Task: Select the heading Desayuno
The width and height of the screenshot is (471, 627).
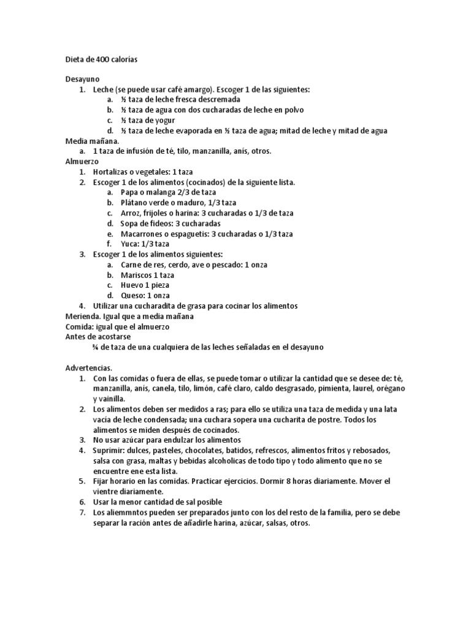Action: click(83, 79)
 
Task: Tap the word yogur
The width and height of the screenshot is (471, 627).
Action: click(162, 120)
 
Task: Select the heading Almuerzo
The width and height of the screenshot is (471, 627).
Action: click(82, 161)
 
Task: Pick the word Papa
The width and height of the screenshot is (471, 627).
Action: click(130, 192)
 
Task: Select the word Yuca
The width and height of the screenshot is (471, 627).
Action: click(130, 244)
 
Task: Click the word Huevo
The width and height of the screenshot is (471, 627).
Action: click(133, 285)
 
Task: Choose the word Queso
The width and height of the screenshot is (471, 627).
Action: click(133, 295)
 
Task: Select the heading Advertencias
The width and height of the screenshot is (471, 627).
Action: click(89, 368)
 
